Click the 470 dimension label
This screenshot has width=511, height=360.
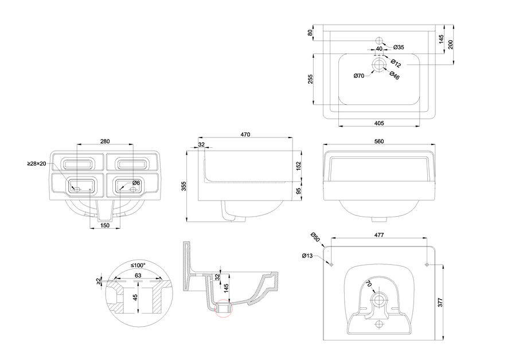245,135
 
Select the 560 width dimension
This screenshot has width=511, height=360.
379,141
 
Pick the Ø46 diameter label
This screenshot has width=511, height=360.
395,75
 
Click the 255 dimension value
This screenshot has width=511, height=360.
310,79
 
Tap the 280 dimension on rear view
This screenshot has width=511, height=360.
104,141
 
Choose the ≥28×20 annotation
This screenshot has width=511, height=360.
37,163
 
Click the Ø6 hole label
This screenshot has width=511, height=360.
136,182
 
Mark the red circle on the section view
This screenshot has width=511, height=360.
224,309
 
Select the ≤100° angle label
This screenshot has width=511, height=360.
138,265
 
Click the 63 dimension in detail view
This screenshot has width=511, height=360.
138,275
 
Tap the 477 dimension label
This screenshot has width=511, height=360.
379,235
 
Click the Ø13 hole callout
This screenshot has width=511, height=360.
308,256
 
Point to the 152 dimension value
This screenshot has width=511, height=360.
298,165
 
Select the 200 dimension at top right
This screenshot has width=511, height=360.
451,45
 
